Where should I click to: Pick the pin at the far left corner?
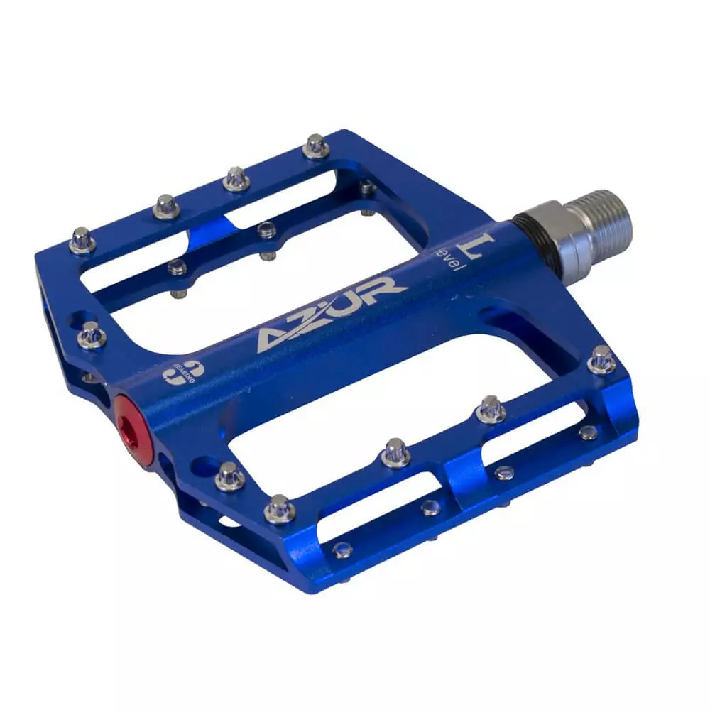tap(82, 240)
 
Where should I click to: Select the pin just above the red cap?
tap(92, 334)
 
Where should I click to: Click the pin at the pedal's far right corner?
tap(602, 359)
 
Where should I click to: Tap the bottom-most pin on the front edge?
tap(279, 508)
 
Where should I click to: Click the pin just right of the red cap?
tap(229, 476)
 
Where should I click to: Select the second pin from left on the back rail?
tap(166, 207)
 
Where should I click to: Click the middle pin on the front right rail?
tap(395, 453)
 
